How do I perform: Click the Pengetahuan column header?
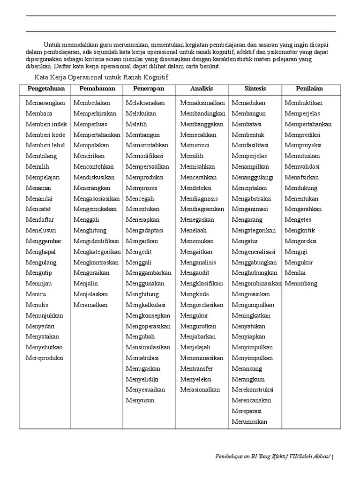[45, 89]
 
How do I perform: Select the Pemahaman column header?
[97, 89]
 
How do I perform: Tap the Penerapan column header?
[148, 89]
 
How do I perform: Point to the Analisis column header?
[202, 89]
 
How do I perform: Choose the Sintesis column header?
[255, 89]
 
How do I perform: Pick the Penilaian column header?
[309, 89]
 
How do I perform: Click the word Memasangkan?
[45, 103]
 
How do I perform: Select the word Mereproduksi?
[45, 358]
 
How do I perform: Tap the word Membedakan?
[92, 103]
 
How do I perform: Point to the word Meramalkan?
[90, 305]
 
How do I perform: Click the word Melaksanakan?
[145, 103]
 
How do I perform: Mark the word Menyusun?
[140, 400]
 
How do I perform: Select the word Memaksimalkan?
[202, 103]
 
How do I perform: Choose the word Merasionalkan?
[200, 390]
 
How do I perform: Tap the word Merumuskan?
[249, 421]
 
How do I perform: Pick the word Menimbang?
[301, 283]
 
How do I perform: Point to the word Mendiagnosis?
[199, 198]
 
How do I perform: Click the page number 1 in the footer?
[332, 457]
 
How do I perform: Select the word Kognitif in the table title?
[157, 77]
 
